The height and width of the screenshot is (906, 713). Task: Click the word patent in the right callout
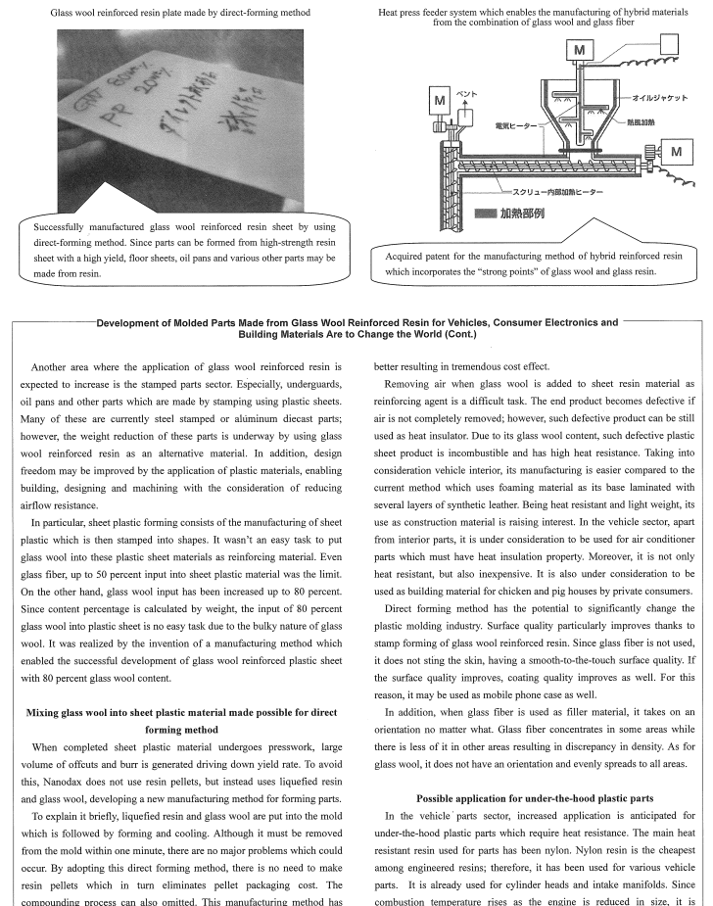[x=452, y=255]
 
